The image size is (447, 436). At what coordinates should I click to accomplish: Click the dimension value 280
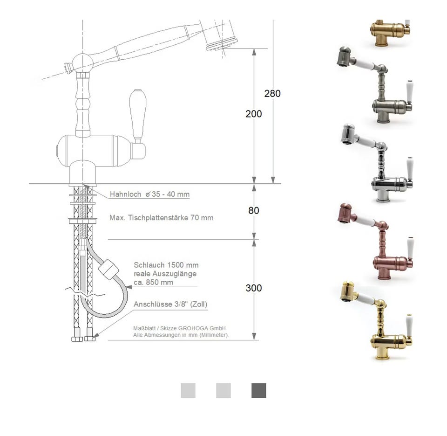pos(272,93)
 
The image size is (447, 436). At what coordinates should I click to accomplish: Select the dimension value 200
pos(253,114)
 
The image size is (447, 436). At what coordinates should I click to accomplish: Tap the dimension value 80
pos(253,210)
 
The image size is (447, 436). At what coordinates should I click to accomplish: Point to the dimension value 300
pos(253,288)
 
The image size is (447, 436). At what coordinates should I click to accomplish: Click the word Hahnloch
pos(125,194)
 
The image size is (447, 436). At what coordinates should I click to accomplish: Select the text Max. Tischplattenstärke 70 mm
pos(162,218)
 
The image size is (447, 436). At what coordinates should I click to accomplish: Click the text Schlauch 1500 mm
pos(166,265)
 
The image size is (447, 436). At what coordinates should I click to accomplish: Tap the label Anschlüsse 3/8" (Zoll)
pos(170,304)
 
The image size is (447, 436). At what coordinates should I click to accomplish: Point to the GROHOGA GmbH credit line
pos(179,328)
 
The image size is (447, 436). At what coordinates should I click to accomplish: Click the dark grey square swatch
pos(259,391)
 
